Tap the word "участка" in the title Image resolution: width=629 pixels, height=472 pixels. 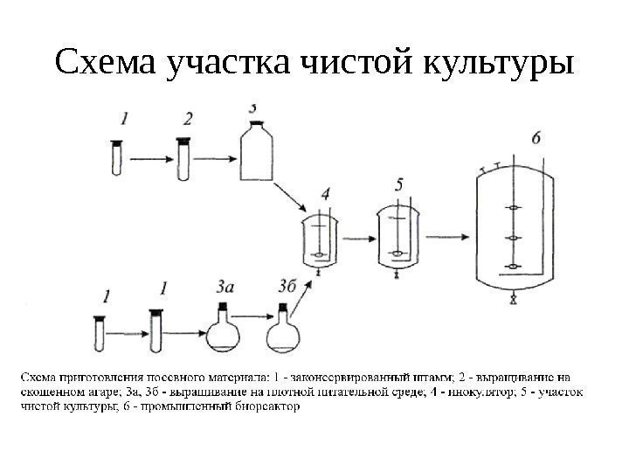tap(226, 63)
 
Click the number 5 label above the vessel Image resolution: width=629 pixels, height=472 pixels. tap(399, 184)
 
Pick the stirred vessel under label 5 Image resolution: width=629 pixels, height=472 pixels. tap(397, 237)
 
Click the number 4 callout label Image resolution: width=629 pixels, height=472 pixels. tap(326, 192)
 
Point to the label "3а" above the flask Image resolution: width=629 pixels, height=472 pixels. tap(225, 285)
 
